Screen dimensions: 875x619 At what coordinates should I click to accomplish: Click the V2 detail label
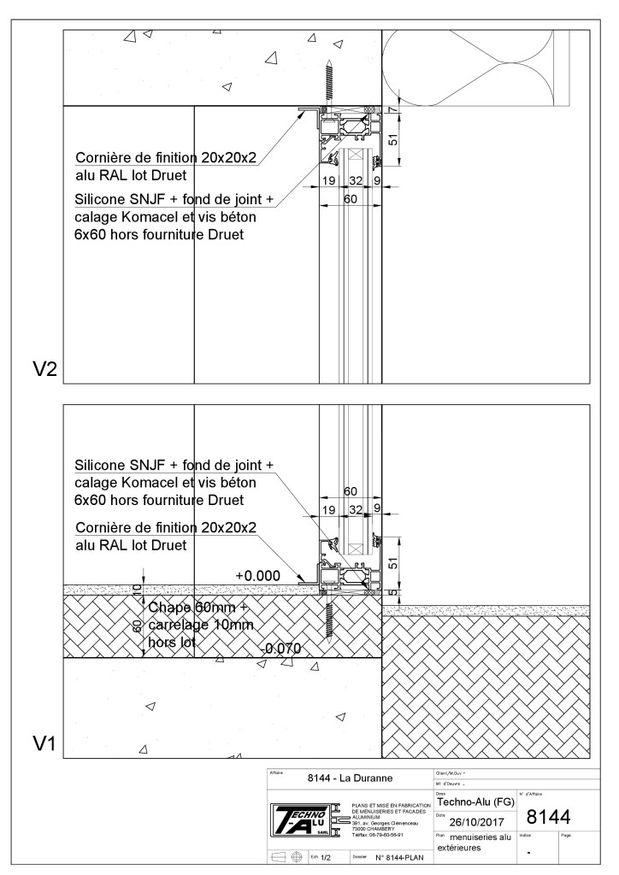click(x=44, y=369)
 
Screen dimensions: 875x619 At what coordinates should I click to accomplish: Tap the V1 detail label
click(x=44, y=743)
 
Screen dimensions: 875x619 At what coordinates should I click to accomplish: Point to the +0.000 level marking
click(x=257, y=576)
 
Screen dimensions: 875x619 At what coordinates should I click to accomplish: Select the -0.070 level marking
click(x=281, y=649)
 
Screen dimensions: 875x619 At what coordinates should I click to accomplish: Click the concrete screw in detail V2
click(x=327, y=84)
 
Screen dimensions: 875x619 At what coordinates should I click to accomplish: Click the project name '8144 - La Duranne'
click(x=349, y=779)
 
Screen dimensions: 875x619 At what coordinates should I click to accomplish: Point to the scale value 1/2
click(x=325, y=854)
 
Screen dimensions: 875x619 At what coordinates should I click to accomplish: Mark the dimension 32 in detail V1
click(x=356, y=509)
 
